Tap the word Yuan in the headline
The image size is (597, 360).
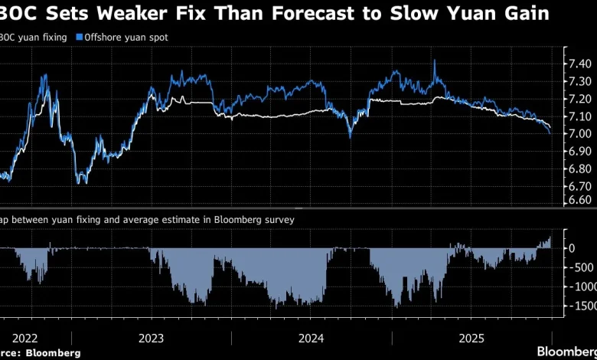click(x=475, y=14)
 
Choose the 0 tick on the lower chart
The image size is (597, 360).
click(x=571, y=248)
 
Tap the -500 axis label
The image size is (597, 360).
click(x=575, y=267)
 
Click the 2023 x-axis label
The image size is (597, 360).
click(x=151, y=337)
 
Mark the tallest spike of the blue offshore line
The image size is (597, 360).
click(x=435, y=61)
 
